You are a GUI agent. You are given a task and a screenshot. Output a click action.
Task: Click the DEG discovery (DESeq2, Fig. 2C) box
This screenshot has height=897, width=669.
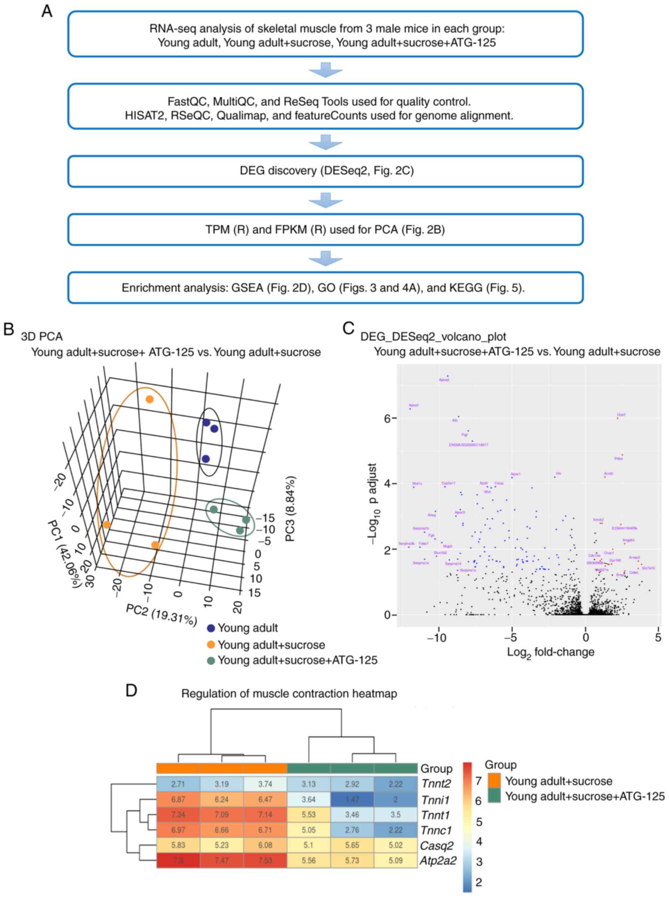pos(326,171)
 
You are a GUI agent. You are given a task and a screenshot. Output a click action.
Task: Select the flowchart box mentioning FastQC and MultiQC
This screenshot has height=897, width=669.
pos(326,108)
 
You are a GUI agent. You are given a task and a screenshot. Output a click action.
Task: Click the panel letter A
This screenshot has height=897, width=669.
pos(47,11)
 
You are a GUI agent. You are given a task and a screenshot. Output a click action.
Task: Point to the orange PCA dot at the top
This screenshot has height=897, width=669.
pos(149,387)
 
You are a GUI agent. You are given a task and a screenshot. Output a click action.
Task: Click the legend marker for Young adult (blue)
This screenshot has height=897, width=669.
pos(211,628)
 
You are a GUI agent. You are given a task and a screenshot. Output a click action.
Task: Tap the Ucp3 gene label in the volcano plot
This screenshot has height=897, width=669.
pos(621,415)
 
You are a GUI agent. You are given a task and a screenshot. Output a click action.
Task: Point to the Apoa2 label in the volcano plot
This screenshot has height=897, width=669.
pos(444,380)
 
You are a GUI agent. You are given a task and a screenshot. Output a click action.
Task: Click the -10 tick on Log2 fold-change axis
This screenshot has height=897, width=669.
pos(436,638)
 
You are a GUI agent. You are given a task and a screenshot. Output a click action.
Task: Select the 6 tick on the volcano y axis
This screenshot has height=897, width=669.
pos(387,418)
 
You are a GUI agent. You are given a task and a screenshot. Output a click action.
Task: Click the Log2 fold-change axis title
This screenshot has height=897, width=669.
pos(550,653)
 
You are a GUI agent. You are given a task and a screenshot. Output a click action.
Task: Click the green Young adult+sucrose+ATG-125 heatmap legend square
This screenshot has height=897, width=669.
pos(494,797)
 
